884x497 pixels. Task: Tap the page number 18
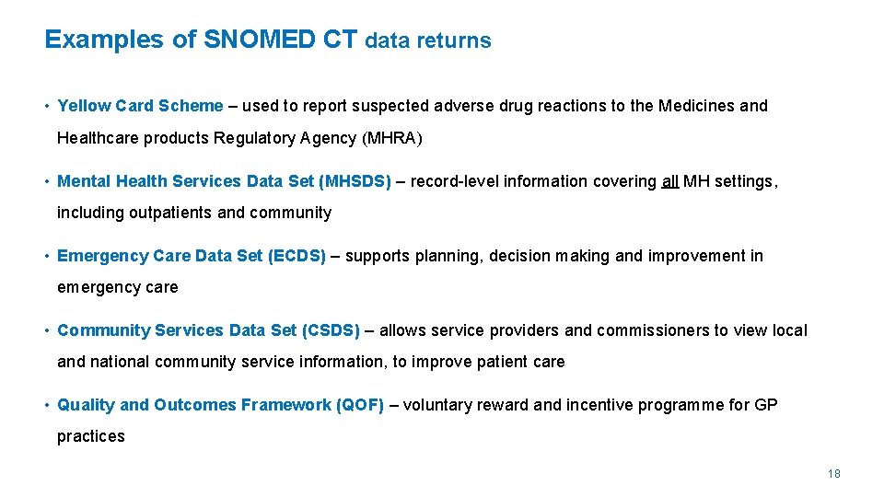point(834,474)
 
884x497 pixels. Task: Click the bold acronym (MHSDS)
point(355,181)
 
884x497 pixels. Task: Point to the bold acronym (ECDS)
point(297,256)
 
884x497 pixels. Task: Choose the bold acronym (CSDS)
point(331,330)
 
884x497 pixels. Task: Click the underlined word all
point(669,181)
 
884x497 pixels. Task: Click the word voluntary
point(436,405)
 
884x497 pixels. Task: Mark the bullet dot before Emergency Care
point(47,256)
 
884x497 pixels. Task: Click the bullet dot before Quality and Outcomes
point(47,405)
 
